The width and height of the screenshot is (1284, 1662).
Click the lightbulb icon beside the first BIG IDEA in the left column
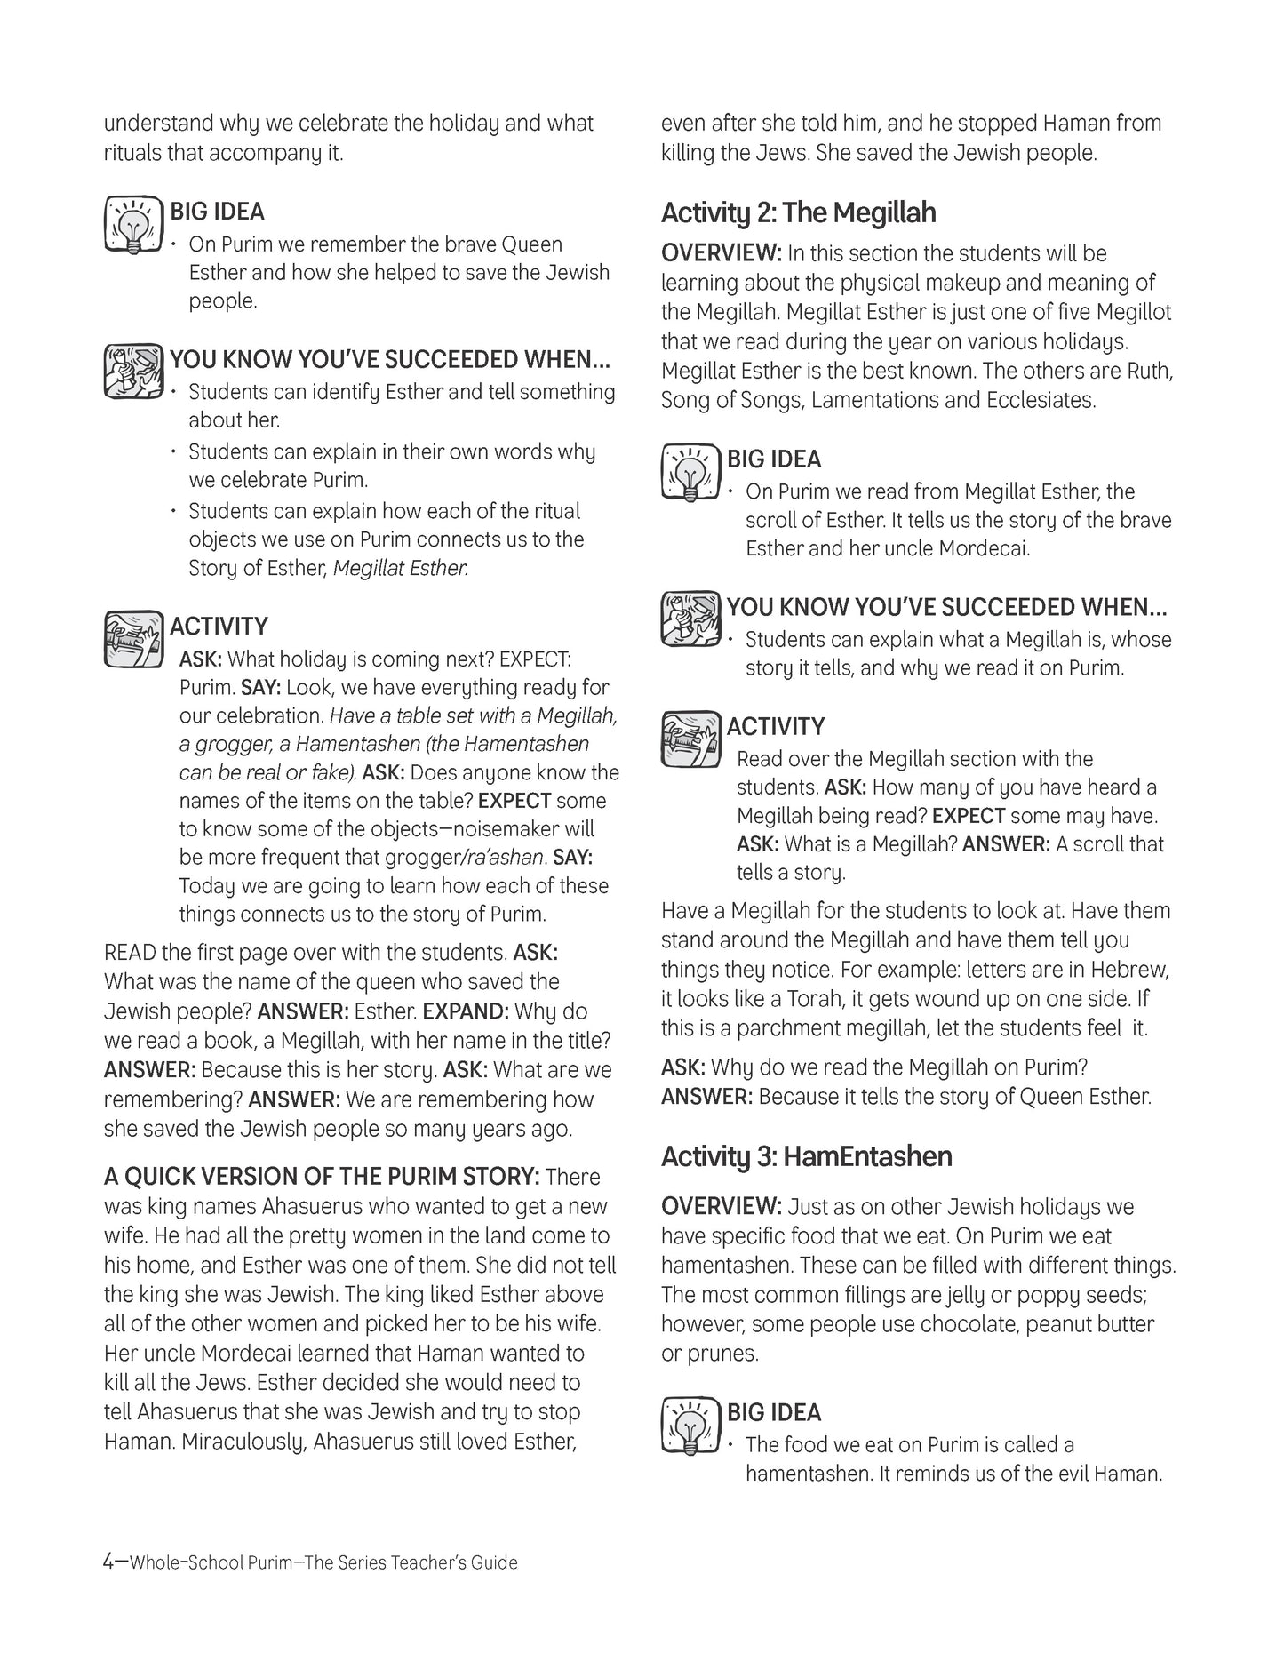(x=133, y=223)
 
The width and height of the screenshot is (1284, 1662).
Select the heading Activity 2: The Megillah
(x=798, y=212)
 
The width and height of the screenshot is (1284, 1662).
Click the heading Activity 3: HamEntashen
(x=806, y=1156)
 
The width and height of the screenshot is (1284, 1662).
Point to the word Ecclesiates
(x=1041, y=400)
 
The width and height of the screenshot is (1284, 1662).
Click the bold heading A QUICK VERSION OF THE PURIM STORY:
(x=322, y=1177)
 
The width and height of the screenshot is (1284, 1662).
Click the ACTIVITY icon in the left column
(x=133, y=638)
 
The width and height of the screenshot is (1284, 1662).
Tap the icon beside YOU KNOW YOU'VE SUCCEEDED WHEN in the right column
(x=690, y=619)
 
